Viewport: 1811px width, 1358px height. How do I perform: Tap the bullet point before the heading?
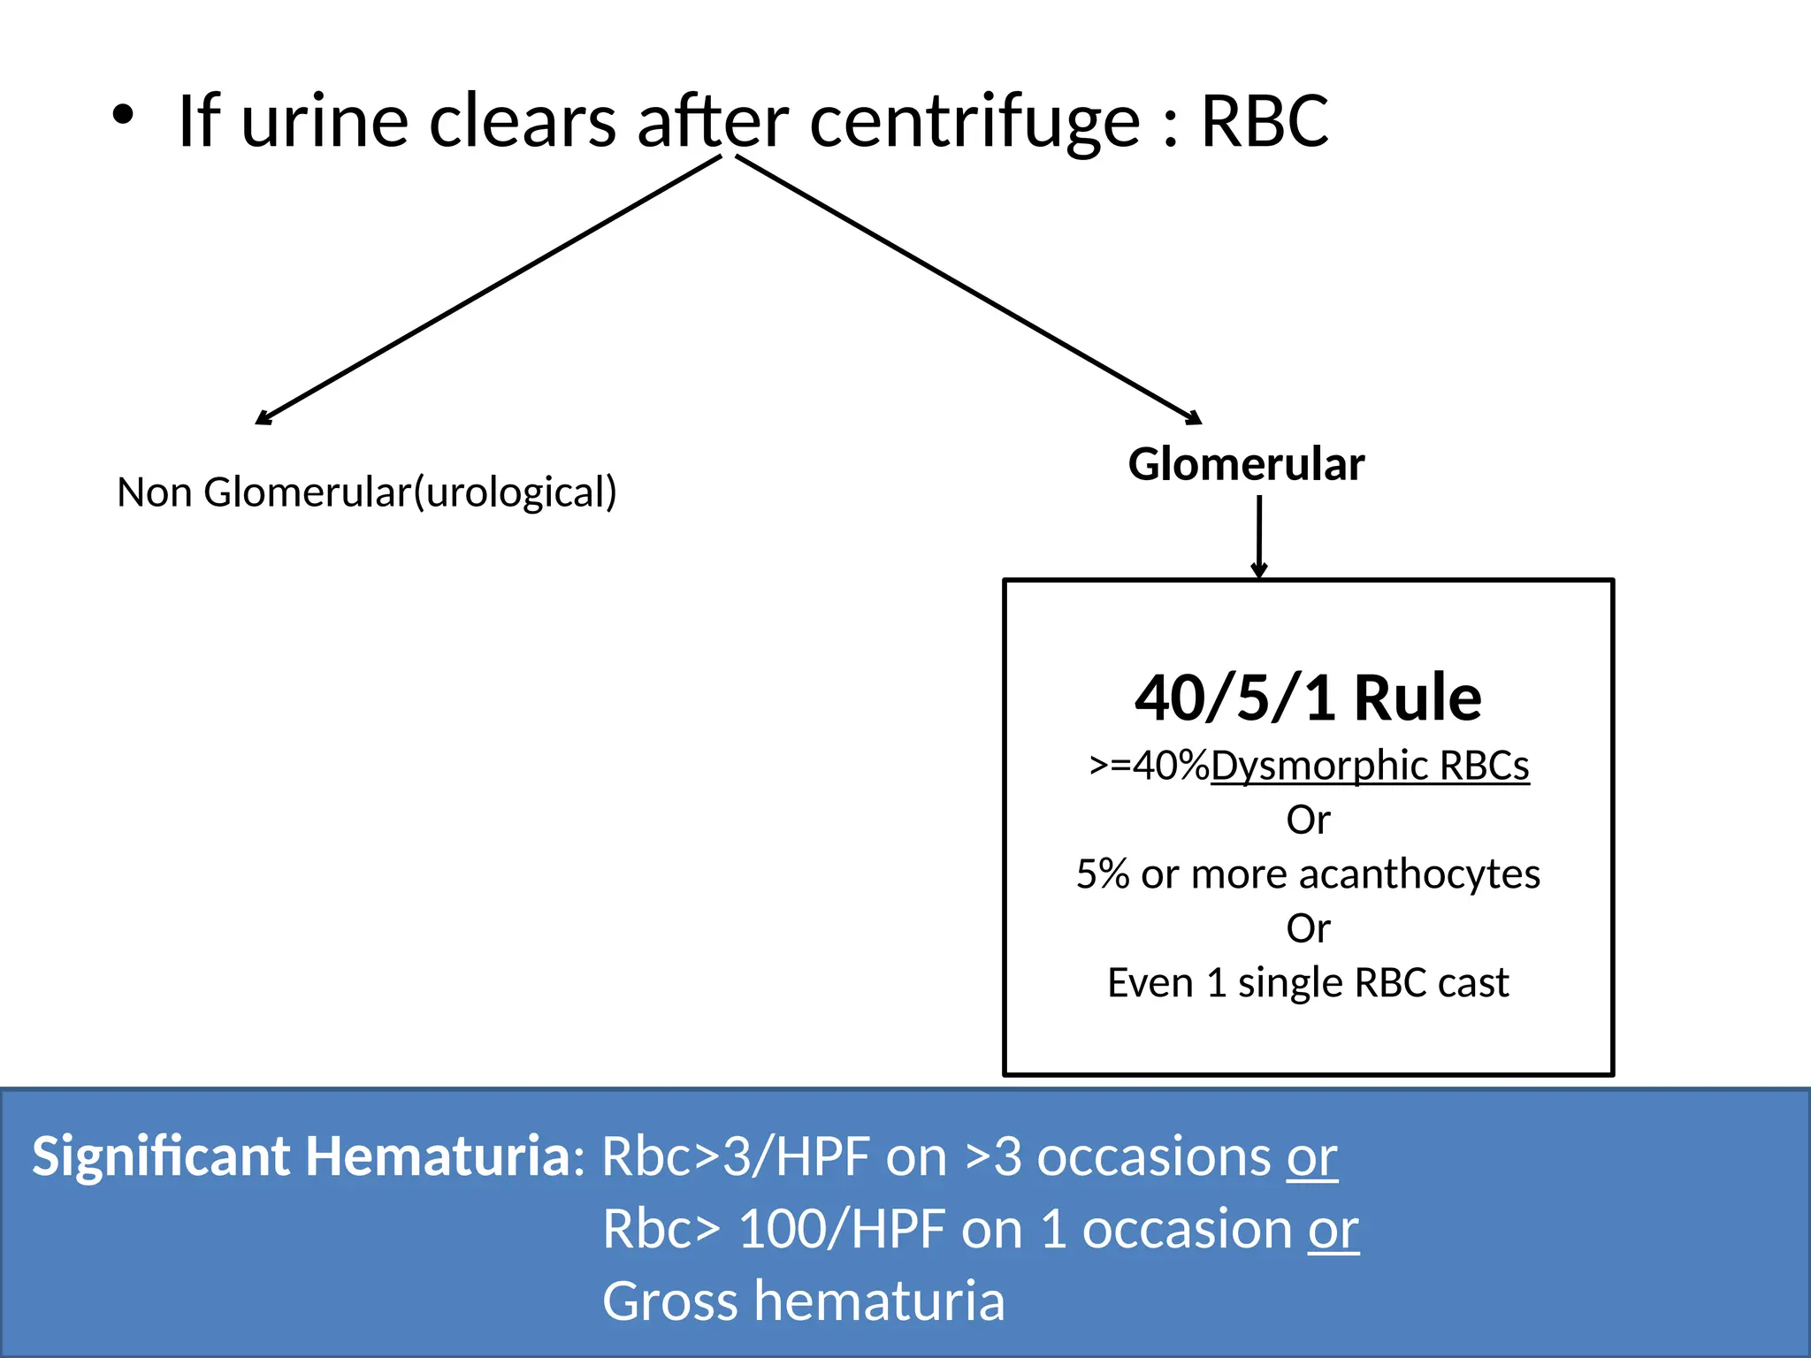tap(123, 116)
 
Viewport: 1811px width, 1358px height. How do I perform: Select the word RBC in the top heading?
tap(1264, 122)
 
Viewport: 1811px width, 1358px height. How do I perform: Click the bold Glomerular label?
tap(1246, 464)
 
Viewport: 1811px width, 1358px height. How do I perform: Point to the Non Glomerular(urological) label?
tap(367, 492)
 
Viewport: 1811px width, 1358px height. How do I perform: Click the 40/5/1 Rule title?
tap(1308, 698)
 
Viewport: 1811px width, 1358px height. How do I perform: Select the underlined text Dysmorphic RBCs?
tap(1370, 766)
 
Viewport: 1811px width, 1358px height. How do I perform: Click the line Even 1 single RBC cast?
tap(1308, 983)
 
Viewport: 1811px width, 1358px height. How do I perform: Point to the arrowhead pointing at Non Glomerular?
tap(264, 418)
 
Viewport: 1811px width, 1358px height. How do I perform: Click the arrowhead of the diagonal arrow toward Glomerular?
tap(1194, 418)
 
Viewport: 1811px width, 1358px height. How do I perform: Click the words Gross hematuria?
tap(804, 1301)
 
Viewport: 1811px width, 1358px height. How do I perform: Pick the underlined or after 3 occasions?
tap(1312, 1156)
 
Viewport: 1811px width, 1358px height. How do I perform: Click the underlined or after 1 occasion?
tap(1333, 1229)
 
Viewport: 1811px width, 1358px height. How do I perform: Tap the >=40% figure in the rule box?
tap(1149, 766)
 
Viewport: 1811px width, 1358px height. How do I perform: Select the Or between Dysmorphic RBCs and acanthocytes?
tap(1308, 820)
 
